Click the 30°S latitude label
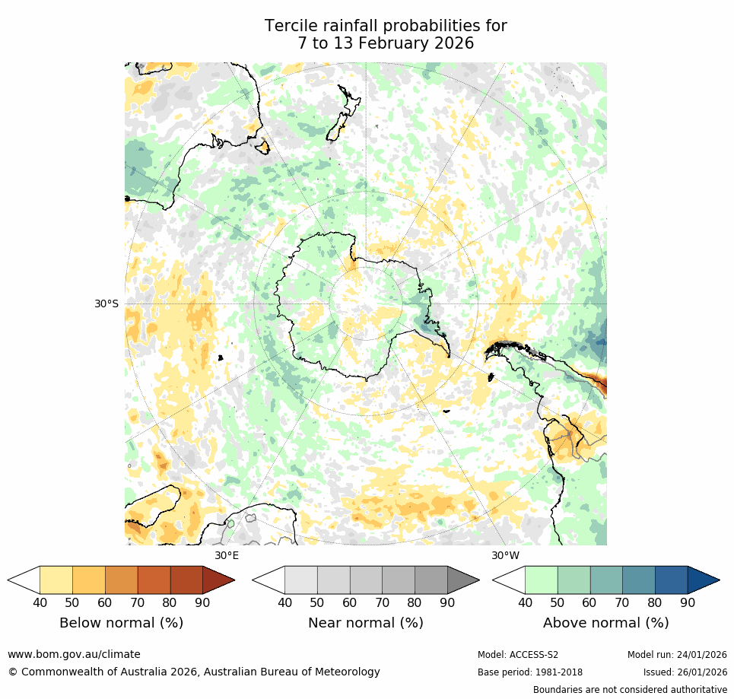(x=106, y=303)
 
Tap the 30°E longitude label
(x=227, y=555)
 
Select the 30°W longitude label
(x=505, y=555)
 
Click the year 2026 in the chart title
(x=451, y=43)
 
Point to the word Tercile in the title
(x=288, y=26)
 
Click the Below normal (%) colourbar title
(x=121, y=623)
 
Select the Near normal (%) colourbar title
(x=365, y=623)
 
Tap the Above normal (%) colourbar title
(x=605, y=623)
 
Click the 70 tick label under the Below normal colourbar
(x=138, y=603)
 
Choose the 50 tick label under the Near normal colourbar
(x=317, y=603)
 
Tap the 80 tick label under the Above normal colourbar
(x=655, y=603)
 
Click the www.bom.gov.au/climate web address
(x=74, y=654)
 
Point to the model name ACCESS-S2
(x=535, y=655)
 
